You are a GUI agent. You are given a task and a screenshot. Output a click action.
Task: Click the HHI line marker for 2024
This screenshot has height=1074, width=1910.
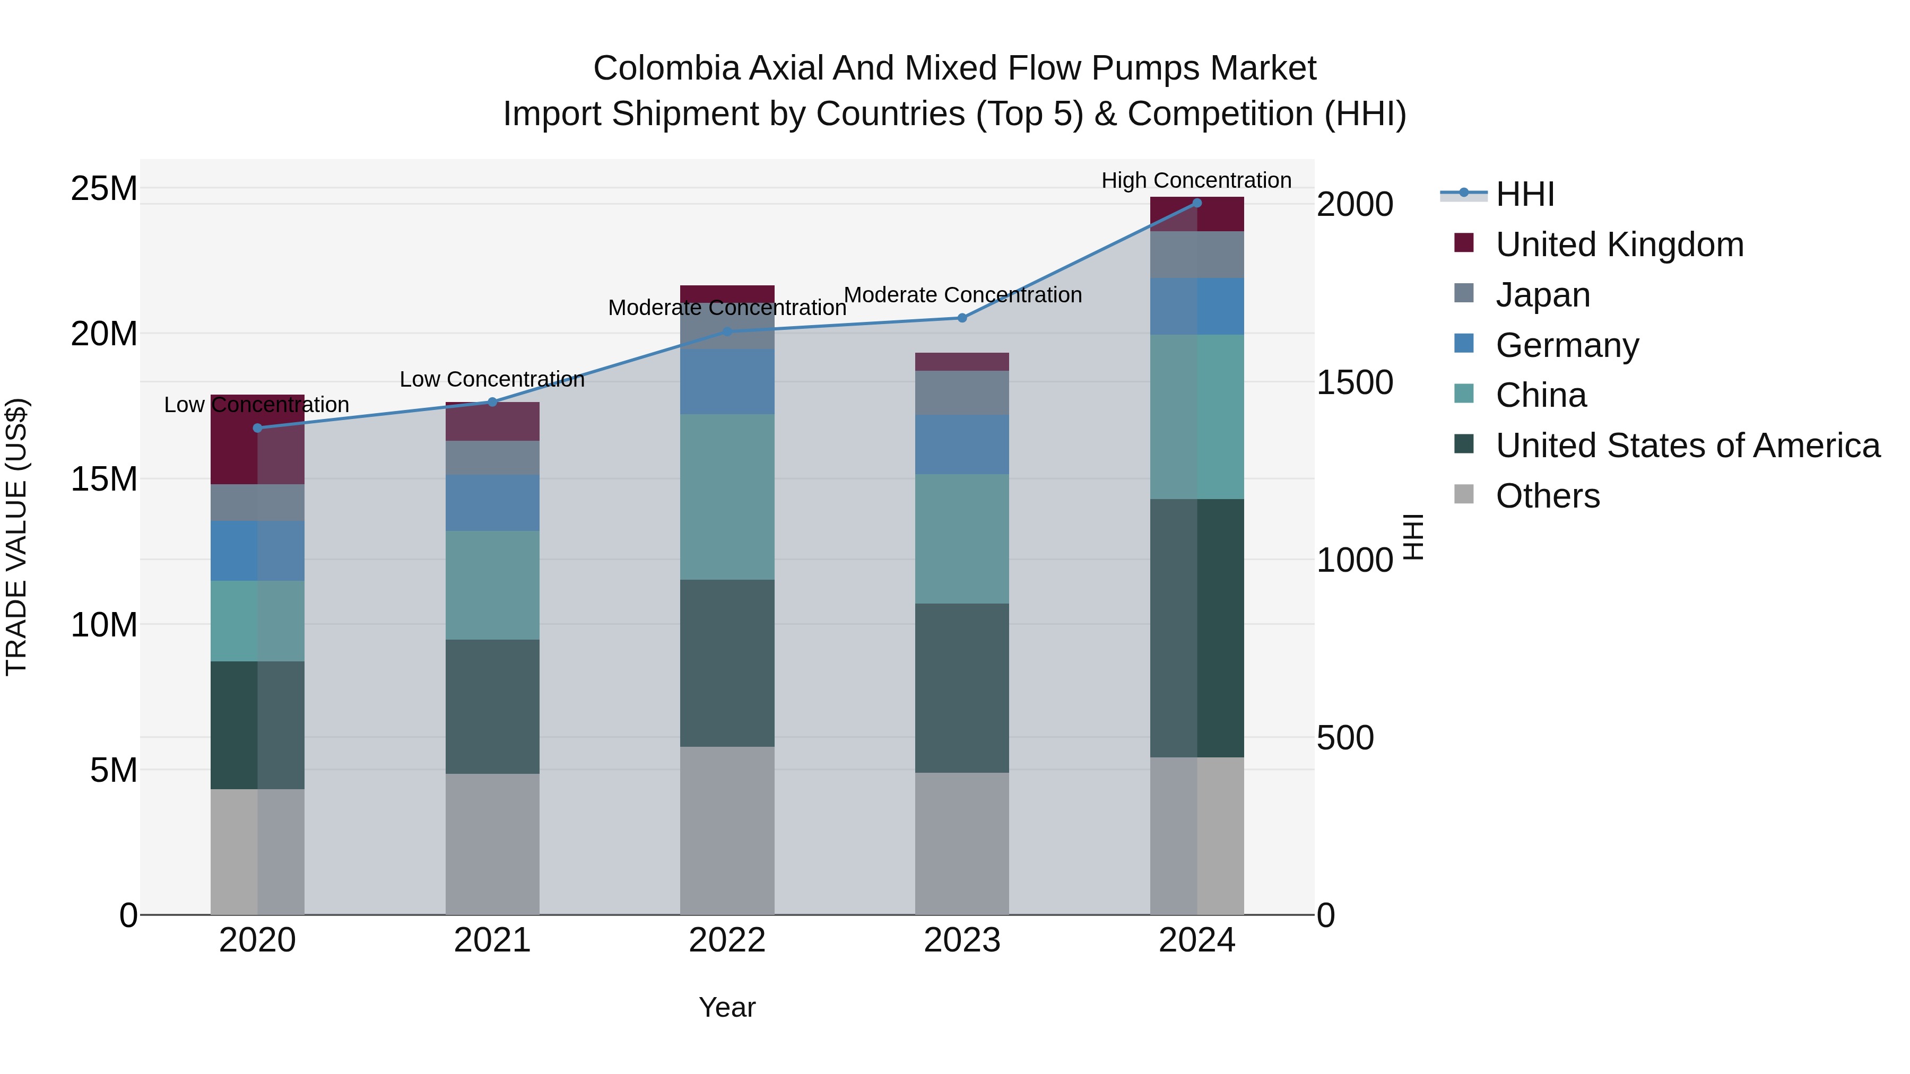click(1197, 203)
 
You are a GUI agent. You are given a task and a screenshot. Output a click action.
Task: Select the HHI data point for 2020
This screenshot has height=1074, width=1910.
click(257, 427)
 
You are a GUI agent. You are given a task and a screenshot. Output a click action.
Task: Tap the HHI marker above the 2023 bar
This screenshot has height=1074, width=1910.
click(962, 318)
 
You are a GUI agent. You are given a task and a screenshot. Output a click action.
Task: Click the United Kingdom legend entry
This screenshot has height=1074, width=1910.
click(1619, 245)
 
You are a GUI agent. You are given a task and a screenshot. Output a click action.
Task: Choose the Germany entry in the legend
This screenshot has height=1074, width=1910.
click(1567, 345)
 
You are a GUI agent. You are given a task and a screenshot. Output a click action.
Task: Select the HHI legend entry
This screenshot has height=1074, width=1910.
click(1524, 194)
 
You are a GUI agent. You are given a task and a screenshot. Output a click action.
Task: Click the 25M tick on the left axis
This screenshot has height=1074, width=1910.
click(104, 189)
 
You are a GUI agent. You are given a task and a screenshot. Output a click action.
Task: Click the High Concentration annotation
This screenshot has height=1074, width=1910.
click(1196, 180)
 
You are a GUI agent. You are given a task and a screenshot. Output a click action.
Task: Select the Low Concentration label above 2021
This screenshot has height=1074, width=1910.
click(492, 380)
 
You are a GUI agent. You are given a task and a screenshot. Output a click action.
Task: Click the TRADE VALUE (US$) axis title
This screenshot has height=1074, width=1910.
click(16, 537)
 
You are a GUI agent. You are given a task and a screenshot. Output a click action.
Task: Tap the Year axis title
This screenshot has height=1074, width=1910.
click(727, 1007)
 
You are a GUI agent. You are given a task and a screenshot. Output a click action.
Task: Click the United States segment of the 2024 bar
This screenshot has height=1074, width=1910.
click(1197, 628)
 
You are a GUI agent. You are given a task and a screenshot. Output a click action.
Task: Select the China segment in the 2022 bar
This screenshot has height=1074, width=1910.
click(727, 496)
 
